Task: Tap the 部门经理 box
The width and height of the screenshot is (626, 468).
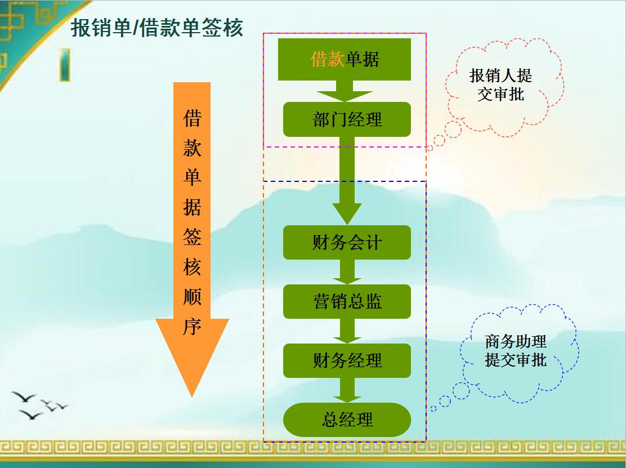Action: pos(347,119)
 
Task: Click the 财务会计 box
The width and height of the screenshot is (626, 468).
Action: pos(347,243)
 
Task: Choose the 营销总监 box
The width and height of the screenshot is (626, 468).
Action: pos(347,301)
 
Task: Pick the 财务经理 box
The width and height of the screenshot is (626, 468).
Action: pos(347,360)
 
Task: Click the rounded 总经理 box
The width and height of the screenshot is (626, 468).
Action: pos(347,420)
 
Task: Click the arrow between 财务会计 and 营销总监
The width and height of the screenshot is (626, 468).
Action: pos(347,273)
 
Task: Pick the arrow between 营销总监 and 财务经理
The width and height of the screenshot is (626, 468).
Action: pos(347,331)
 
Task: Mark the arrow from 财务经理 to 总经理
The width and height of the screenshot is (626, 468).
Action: pos(347,391)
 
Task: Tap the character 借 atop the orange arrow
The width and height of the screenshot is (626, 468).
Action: pos(192,118)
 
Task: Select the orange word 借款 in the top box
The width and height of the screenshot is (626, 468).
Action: pos(327,59)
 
